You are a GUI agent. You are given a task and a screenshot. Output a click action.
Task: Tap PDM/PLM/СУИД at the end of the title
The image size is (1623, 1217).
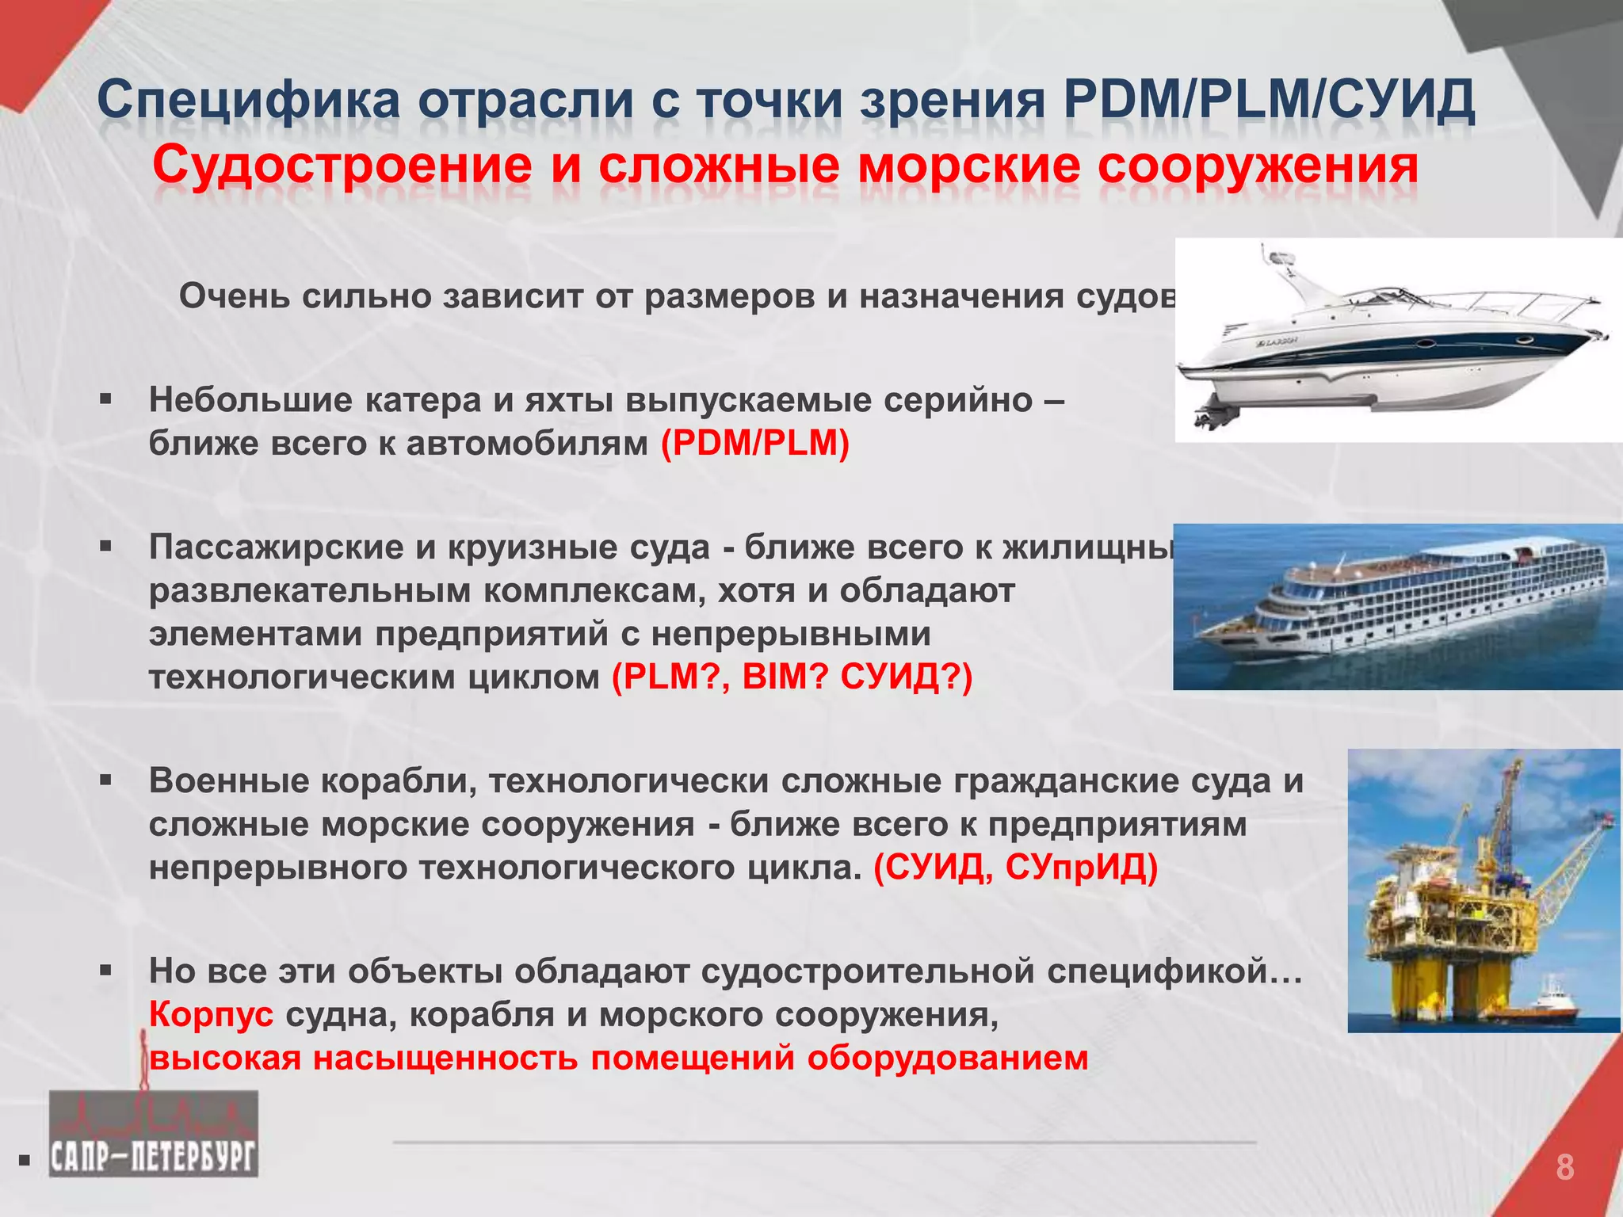click(x=1268, y=101)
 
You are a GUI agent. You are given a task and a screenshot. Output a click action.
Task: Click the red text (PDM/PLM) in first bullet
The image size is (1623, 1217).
click(x=754, y=444)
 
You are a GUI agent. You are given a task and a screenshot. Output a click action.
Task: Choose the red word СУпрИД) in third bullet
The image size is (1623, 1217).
click(x=1081, y=868)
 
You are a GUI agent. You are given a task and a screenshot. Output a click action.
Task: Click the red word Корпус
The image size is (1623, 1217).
click(x=211, y=1015)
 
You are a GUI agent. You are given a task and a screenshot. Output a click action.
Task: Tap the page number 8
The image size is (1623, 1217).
click(x=1564, y=1168)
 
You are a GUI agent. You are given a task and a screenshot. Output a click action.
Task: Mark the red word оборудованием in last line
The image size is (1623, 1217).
click(x=948, y=1059)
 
